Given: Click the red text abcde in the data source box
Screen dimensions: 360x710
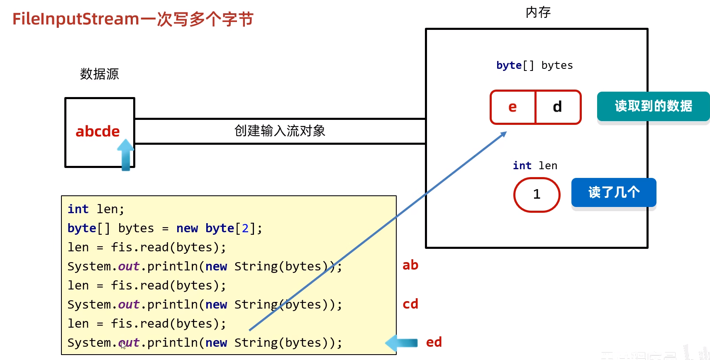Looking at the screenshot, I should tap(98, 131).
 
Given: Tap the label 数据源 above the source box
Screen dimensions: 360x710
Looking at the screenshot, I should tap(99, 74).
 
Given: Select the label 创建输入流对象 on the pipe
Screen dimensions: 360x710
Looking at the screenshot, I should tap(280, 131).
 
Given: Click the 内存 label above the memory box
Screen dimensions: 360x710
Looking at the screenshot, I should tap(538, 12).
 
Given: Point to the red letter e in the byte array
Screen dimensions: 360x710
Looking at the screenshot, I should tap(512, 107).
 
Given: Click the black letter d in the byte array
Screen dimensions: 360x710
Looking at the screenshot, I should tap(557, 107).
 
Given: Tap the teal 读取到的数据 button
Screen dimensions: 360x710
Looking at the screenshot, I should tap(653, 106).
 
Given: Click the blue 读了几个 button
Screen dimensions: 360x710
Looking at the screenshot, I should tap(614, 192).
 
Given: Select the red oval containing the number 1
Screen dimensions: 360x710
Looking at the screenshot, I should tap(537, 195).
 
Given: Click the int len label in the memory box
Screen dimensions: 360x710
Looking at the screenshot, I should tap(535, 165).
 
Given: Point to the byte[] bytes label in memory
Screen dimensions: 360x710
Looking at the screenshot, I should tap(534, 66).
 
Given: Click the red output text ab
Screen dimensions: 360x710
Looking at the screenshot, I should tap(410, 265).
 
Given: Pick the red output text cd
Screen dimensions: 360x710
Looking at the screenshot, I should tap(410, 304).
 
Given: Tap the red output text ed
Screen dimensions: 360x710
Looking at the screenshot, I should tap(434, 342).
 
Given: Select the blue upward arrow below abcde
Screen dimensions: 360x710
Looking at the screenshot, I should tap(125, 154).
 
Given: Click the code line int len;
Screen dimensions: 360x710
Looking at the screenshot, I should tap(96, 209).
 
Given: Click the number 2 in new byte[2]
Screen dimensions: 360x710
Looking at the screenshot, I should tap(245, 228).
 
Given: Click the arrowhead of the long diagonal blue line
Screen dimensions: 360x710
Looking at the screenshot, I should tap(504, 134).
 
